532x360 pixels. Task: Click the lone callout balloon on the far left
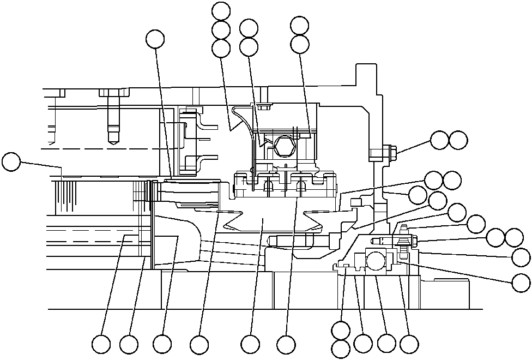point(10,162)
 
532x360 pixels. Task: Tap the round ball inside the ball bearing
point(377,261)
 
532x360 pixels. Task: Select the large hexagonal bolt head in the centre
point(285,146)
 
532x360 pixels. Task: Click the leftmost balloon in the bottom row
point(101,344)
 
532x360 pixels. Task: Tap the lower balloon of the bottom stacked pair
point(341,349)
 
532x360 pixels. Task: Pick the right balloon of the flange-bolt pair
point(458,140)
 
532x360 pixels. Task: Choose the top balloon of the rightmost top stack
point(300,25)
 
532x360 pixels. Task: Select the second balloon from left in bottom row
point(129,344)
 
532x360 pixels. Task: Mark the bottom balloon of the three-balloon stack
point(221,48)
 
